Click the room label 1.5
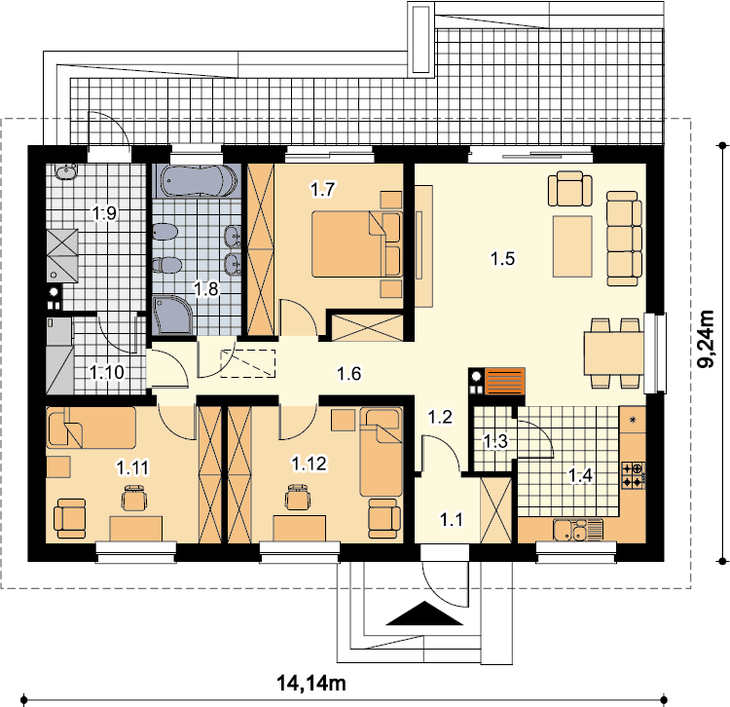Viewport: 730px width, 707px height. pyautogui.click(x=503, y=258)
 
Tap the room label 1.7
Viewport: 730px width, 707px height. pyautogui.click(x=322, y=190)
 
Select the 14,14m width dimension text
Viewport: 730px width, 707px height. pyautogui.click(x=311, y=684)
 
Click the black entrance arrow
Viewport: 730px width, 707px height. pyautogui.click(x=424, y=613)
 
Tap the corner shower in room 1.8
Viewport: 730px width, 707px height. pyautogui.click(x=172, y=315)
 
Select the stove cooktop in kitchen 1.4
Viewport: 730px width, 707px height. pyautogui.click(x=634, y=475)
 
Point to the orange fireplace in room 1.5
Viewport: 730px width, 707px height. pyautogui.click(x=504, y=382)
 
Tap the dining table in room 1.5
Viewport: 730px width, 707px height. pyautogui.click(x=614, y=353)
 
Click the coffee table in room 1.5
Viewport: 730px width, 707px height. pyautogui.click(x=572, y=246)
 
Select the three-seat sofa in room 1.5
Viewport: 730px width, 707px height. pyautogui.click(x=624, y=239)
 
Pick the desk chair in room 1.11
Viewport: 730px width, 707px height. pyautogui.click(x=134, y=498)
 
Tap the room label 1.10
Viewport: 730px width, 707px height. pyautogui.click(x=107, y=372)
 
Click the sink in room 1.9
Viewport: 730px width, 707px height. pyautogui.click(x=66, y=171)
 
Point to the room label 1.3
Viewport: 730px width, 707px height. pyautogui.click(x=494, y=441)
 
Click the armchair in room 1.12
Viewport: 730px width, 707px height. pyautogui.click(x=384, y=518)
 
